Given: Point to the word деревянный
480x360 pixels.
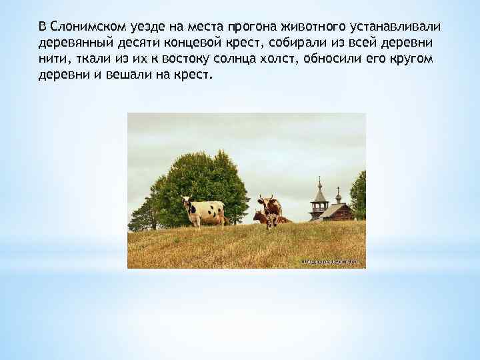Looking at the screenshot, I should click(72, 43).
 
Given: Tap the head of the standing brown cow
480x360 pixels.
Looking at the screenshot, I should click(265, 201).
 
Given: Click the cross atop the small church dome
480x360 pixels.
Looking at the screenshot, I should click(338, 191).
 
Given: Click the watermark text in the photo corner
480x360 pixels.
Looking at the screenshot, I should click(330, 262).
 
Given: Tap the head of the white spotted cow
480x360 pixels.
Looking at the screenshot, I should click(186, 201).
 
